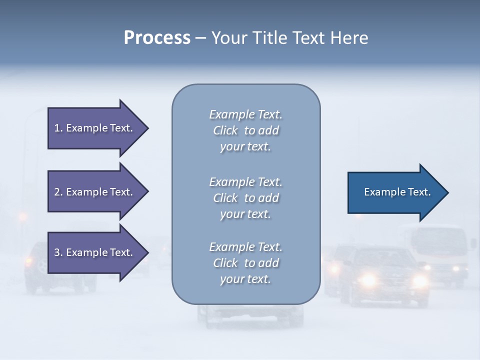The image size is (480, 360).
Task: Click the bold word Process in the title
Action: tap(157, 38)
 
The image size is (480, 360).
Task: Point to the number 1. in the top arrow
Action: tap(58, 128)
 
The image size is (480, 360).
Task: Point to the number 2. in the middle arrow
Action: tap(58, 192)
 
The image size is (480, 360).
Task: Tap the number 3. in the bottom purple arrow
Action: tap(58, 252)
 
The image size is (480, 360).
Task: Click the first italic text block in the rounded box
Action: tap(245, 130)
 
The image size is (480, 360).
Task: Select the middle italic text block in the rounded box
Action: tap(245, 198)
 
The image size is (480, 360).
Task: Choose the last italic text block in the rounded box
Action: tap(245, 263)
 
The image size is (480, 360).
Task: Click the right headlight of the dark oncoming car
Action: tap(419, 281)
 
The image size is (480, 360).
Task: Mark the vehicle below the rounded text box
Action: tap(250, 315)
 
